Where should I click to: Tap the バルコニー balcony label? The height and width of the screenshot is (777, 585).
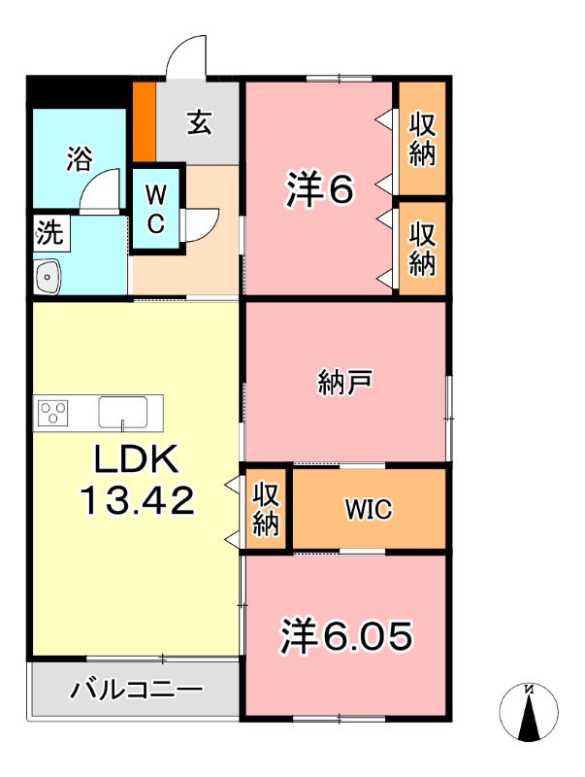pos(135,691)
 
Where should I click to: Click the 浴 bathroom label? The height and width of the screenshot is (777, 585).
pos(79,158)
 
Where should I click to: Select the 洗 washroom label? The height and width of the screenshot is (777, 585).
pos(48,232)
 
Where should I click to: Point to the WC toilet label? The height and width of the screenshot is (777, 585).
pos(155,207)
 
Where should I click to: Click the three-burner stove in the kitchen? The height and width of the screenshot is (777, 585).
pos(53,413)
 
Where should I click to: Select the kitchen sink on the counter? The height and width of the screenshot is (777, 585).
pos(122,412)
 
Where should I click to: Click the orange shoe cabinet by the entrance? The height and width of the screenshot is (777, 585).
pos(144,122)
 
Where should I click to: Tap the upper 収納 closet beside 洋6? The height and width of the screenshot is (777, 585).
pos(422,139)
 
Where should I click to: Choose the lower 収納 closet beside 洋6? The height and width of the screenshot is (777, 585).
pos(422,248)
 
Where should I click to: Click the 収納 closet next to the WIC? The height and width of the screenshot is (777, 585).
pos(266,509)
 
